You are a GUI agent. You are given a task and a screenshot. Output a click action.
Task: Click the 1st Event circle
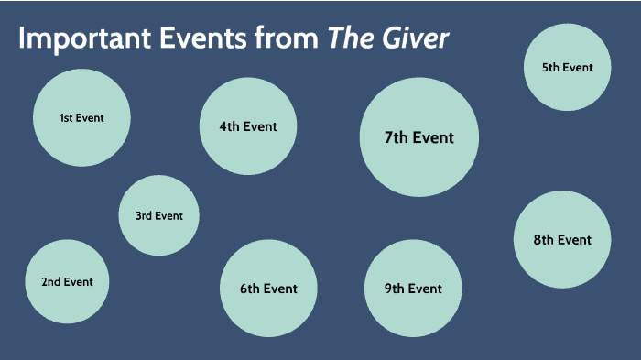click(81, 117)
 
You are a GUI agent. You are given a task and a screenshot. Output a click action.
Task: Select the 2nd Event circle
click(67, 281)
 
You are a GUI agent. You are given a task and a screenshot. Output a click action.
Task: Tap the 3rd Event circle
click(159, 216)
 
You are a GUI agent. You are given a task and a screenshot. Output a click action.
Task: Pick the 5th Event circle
click(567, 67)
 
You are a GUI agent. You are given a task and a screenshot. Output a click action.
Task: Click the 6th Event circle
click(268, 289)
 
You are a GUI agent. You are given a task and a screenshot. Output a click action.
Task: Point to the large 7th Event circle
click(419, 137)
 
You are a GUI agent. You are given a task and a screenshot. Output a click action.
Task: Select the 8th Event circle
click(562, 240)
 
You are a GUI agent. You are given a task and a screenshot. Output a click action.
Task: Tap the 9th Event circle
click(413, 289)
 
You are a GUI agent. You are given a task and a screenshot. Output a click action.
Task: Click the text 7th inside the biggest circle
click(397, 137)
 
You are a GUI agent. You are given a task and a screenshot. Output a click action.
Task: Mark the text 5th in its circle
click(551, 67)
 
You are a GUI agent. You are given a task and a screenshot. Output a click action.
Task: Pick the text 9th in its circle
click(395, 289)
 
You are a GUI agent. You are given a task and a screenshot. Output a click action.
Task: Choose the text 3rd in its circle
click(144, 216)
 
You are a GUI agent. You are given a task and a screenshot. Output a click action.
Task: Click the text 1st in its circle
click(66, 117)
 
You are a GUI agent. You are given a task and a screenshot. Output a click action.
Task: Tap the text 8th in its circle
click(544, 240)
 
